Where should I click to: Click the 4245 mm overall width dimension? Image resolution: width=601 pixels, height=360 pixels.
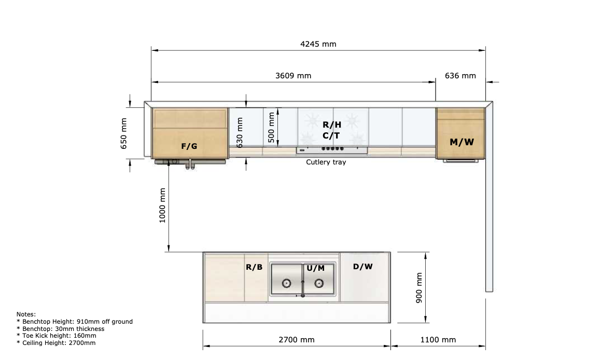tap(318, 44)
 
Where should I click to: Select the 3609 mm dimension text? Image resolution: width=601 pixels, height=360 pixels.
tap(293, 76)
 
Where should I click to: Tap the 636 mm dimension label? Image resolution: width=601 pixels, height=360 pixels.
tap(460, 76)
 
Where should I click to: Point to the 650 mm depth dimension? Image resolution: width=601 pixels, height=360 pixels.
tap(124, 133)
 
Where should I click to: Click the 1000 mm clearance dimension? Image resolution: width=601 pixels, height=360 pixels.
tap(162, 205)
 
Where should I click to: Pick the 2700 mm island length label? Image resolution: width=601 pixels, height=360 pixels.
tap(297, 340)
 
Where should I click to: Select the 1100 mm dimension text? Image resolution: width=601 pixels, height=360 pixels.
tap(438, 340)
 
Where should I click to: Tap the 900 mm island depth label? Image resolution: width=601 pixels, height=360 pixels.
tap(419, 288)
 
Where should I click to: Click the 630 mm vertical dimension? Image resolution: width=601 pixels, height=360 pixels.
tap(240, 133)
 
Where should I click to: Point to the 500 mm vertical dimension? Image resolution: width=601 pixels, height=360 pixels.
tap(271, 127)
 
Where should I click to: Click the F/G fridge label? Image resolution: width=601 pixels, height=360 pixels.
tap(189, 146)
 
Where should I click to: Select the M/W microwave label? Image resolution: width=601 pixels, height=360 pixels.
tap(462, 142)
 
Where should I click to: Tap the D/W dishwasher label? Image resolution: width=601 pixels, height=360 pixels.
tap(362, 267)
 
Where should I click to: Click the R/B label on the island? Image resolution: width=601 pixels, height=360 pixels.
tap(254, 267)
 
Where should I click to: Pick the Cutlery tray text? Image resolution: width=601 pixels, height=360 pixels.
tap(326, 162)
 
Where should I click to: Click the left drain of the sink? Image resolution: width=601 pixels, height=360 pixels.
tap(286, 283)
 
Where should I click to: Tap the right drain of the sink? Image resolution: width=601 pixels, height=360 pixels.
tap(319, 283)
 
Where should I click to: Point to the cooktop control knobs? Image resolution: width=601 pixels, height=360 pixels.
tap(332, 149)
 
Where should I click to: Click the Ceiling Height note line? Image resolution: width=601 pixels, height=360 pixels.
tap(56, 343)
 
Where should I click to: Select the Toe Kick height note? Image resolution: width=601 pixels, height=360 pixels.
tap(57, 336)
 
